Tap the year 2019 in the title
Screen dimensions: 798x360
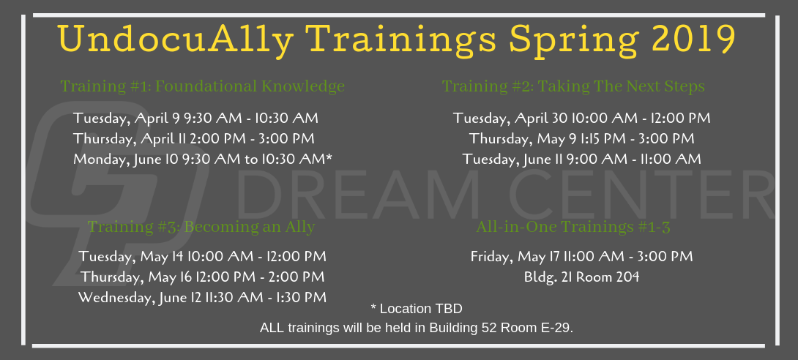pos(693,39)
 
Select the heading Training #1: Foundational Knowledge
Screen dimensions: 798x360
pos(203,86)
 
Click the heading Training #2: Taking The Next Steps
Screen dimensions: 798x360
pos(573,86)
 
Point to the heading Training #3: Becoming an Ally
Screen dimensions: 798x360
pos(201,226)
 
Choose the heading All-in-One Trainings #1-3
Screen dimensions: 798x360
pos(573,227)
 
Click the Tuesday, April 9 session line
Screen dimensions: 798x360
pos(196,119)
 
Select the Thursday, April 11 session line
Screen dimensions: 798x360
pos(194,139)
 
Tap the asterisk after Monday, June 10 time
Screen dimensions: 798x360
pos(329,157)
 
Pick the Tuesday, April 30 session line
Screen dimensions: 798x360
pos(582,119)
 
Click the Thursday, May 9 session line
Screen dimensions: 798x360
pos(582,139)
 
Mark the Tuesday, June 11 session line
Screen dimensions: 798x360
pos(582,160)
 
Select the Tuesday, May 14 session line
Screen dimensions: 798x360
pos(203,256)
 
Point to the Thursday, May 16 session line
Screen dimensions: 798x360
pos(203,277)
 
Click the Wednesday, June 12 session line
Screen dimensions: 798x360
pos(203,297)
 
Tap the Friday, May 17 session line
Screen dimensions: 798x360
pos(582,256)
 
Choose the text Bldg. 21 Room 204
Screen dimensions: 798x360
pos(582,277)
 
